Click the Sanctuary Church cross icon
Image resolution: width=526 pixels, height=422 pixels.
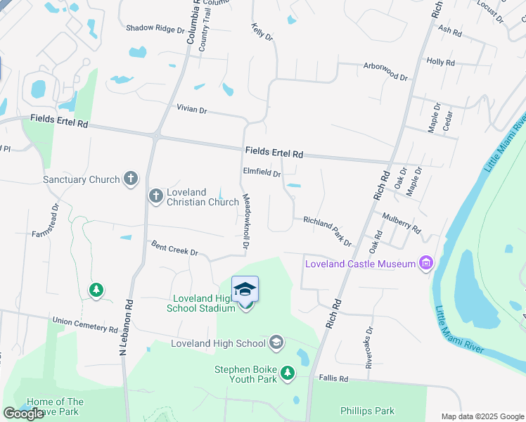click(130, 179)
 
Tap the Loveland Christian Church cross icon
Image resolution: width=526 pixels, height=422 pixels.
click(155, 195)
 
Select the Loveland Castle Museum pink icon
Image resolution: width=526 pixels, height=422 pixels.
click(425, 264)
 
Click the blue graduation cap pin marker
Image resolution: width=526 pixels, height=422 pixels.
click(245, 290)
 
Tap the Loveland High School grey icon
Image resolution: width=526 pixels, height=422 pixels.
click(276, 343)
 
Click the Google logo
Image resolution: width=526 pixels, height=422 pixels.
click(23, 414)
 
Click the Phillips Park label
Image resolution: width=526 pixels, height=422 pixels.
click(367, 411)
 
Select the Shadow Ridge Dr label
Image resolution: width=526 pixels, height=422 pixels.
click(155, 29)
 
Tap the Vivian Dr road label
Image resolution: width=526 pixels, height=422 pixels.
click(192, 110)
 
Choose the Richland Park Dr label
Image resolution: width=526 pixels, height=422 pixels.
click(327, 231)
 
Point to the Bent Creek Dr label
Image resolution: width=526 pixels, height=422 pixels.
click(175, 248)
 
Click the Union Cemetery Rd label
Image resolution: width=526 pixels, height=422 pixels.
click(86, 324)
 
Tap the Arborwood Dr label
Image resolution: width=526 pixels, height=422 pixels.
click(385, 70)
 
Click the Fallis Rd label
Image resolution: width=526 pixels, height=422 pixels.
click(333, 378)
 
